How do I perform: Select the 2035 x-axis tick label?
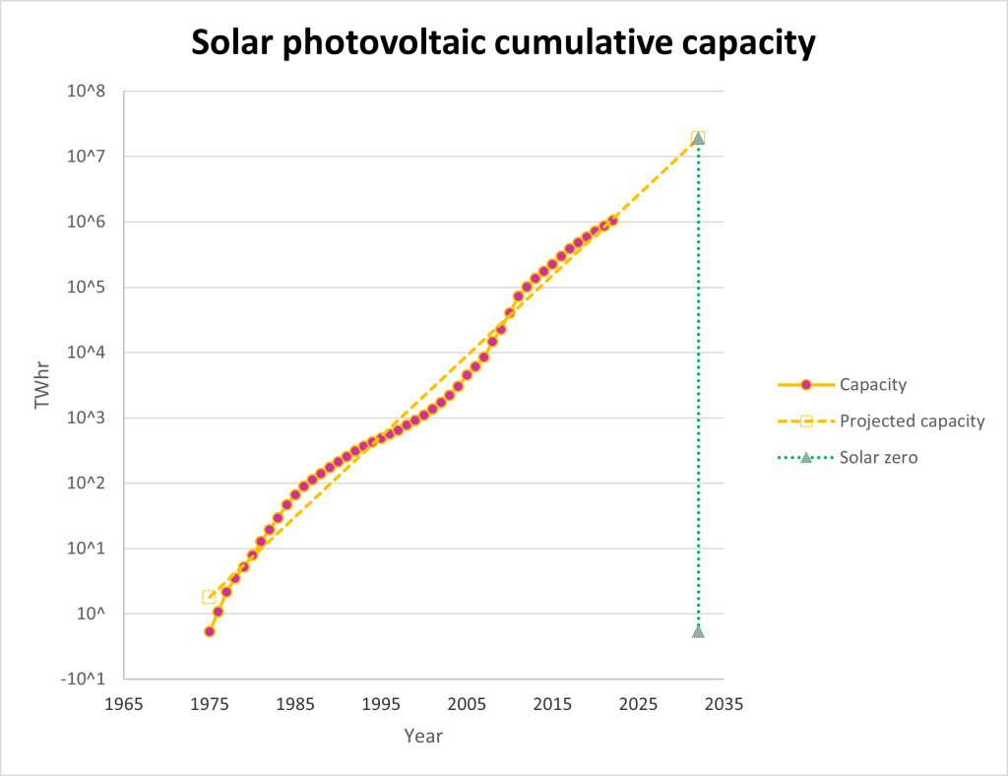tap(724, 705)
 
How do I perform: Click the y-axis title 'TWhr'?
tap(42, 385)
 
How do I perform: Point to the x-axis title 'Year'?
tap(423, 737)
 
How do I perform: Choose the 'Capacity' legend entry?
tap(872, 384)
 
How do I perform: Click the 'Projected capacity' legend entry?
tap(912, 420)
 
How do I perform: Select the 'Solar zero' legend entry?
tap(878, 457)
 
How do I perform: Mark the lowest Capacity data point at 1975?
tap(210, 631)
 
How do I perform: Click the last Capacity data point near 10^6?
tap(612, 221)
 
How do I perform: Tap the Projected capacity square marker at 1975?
tap(210, 597)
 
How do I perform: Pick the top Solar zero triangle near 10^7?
tap(698, 138)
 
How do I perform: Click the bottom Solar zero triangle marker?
tap(698, 631)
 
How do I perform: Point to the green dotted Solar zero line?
tap(698, 394)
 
